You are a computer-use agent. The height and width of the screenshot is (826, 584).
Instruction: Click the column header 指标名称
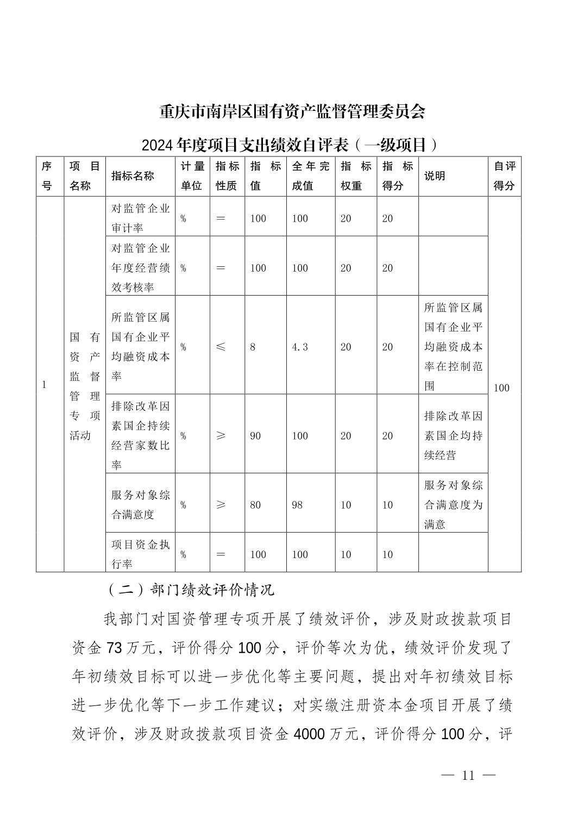[133, 176]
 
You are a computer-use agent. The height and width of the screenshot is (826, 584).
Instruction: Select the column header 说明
[435, 176]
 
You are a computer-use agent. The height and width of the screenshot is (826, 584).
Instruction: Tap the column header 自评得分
[504, 176]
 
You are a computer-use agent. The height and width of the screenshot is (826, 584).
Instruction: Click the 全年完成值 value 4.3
[300, 347]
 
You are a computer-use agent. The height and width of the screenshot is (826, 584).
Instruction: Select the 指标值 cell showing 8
[253, 347]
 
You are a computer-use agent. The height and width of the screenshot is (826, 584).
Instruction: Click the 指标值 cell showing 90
[255, 436]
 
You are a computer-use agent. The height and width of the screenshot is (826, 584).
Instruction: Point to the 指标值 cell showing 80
[255, 505]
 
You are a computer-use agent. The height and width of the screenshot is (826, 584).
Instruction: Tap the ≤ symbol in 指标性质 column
[221, 347]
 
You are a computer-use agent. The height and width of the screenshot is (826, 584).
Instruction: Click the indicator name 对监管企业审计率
[140, 218]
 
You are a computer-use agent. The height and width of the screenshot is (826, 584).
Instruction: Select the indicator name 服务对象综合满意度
[140, 505]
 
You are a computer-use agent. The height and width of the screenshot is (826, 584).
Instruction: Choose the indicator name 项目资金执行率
[140, 554]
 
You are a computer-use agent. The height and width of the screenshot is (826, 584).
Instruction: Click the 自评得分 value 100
[501, 388]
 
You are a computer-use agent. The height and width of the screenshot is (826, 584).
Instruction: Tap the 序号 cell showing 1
[44, 385]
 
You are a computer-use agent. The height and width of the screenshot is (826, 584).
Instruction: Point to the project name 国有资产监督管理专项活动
[85, 386]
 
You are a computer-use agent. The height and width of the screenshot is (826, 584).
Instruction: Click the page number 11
[468, 775]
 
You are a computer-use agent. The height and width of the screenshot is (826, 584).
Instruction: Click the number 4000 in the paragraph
[309, 735]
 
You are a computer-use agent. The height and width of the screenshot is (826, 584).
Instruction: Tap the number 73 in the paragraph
[115, 648]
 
